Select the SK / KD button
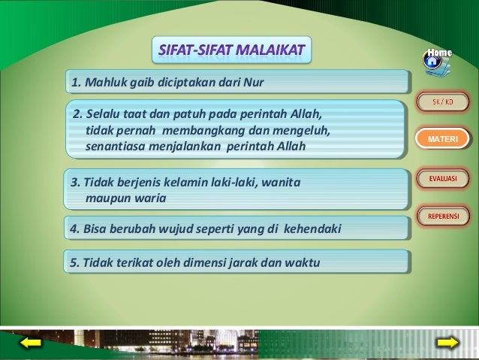click(442, 102)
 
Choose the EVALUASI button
click(442, 179)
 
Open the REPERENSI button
click(442, 217)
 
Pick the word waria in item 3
click(150, 198)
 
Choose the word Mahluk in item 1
click(101, 80)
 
